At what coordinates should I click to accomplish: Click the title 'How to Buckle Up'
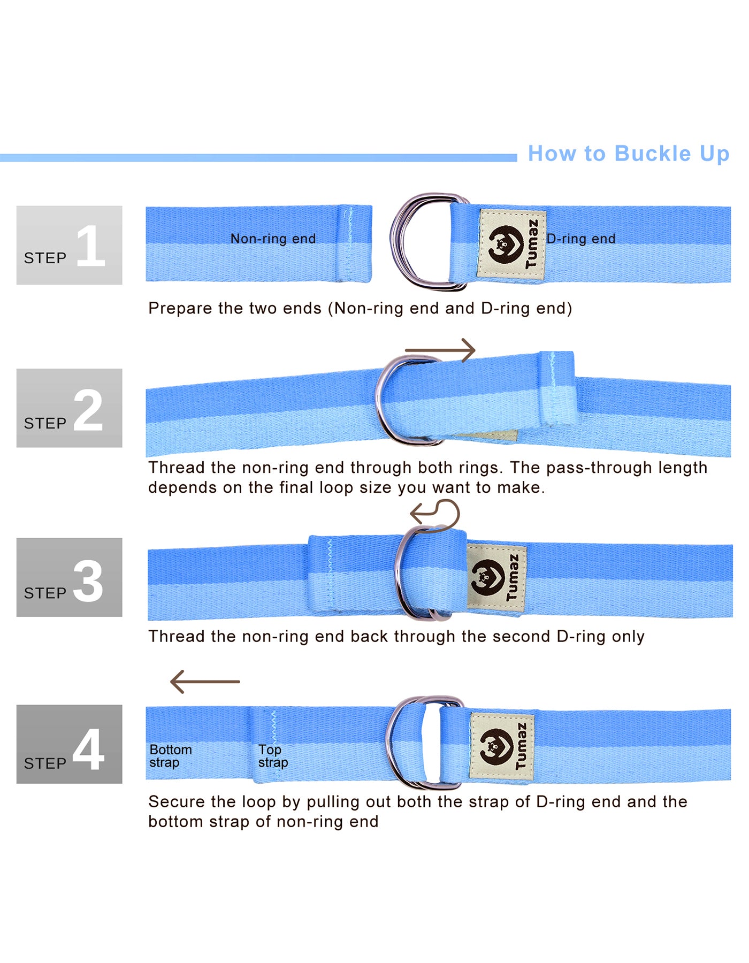tap(629, 154)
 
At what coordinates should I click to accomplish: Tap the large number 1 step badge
tap(69, 245)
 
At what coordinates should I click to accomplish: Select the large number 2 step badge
tap(69, 408)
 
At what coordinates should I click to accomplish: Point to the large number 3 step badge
tap(69, 577)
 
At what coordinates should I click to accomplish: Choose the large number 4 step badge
tap(69, 744)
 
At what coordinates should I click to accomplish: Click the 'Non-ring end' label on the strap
tap(273, 239)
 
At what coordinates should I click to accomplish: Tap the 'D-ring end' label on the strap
tap(581, 239)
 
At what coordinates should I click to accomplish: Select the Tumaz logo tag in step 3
tap(496, 577)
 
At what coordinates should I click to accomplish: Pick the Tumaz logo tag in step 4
tap(502, 746)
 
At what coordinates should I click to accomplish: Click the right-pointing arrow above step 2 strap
tap(440, 350)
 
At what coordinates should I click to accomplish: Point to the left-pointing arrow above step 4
tap(205, 682)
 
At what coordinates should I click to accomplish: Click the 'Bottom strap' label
tap(171, 756)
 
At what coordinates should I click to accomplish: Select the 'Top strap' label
tap(273, 756)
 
